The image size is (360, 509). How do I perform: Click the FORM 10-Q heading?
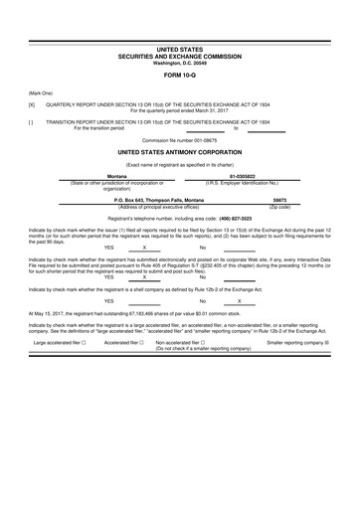pyautogui.click(x=179, y=75)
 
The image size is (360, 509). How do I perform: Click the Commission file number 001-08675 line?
pyautogui.click(x=179, y=141)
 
